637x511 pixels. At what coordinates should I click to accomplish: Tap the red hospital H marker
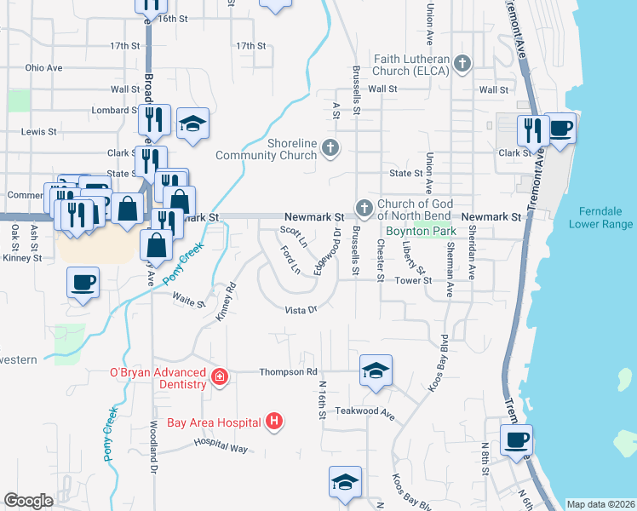(x=273, y=421)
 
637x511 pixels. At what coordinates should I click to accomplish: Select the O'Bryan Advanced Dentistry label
(x=158, y=378)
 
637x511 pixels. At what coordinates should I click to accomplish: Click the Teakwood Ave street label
(x=365, y=415)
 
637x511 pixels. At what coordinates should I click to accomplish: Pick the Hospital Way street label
(x=220, y=444)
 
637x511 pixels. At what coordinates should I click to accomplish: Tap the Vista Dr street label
(x=301, y=310)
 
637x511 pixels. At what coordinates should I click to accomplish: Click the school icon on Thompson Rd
(x=375, y=370)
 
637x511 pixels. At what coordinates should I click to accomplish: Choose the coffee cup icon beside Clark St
(x=560, y=129)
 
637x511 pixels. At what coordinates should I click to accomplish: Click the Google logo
(x=28, y=501)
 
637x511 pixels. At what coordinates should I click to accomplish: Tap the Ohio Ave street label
(x=44, y=67)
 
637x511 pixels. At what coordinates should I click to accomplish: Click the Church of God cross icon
(x=364, y=207)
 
